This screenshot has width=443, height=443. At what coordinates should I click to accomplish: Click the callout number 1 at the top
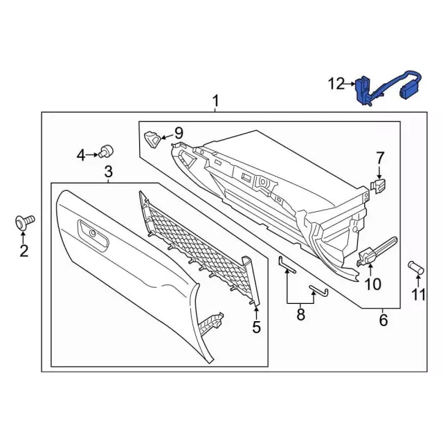point(215,101)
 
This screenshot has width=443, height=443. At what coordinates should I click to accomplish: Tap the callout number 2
point(24,251)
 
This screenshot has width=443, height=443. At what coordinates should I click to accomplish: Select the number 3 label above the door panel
point(109,171)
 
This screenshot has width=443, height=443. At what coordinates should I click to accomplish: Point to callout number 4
point(81,156)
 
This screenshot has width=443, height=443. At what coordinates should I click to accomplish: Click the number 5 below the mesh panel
point(256,327)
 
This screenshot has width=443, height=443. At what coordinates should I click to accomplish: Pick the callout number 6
point(383,320)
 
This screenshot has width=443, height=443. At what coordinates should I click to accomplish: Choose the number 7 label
point(379,158)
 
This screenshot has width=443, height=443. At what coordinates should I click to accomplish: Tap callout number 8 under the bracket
point(300,315)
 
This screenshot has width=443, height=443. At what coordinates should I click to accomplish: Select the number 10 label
point(372,284)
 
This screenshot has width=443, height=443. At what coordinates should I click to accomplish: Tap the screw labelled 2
point(24,223)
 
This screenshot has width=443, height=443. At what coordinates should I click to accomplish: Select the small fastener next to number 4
point(107,150)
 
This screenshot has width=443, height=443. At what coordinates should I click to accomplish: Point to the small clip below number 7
point(379,186)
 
